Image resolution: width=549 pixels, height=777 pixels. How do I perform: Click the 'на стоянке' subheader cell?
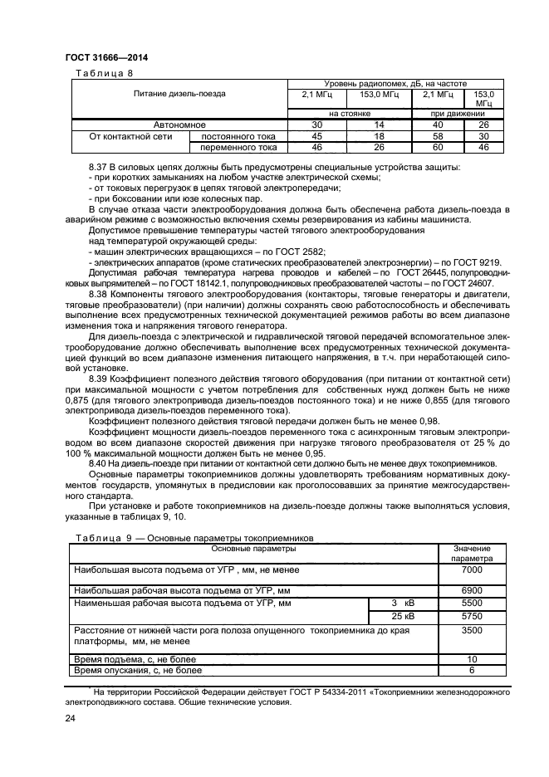347,113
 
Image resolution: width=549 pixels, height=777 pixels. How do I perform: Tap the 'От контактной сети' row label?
125,135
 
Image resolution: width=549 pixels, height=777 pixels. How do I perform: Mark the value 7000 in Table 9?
471,573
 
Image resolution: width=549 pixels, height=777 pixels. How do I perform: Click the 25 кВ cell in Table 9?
400,618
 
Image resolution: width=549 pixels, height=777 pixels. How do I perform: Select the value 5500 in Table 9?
471,603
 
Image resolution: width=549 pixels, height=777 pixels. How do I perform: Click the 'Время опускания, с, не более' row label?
137,669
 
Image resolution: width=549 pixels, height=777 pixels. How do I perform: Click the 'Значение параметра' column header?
471,554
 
